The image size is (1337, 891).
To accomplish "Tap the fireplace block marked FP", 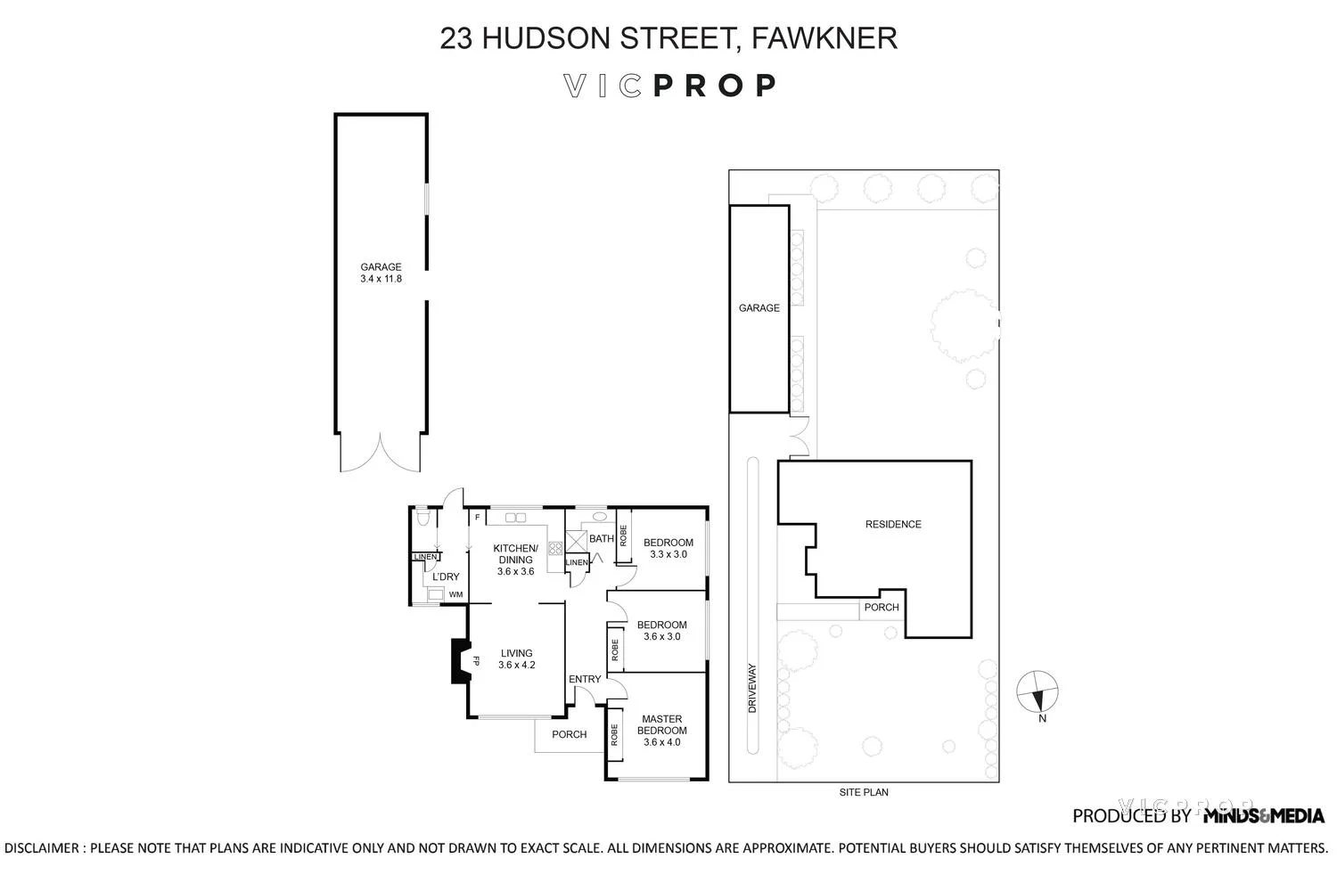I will (x=461, y=661).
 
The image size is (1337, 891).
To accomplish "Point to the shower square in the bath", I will (x=576, y=541).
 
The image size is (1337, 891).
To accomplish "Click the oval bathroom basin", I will (x=600, y=516).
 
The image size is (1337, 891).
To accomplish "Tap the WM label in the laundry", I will (x=455, y=594).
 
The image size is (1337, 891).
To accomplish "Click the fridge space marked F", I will (x=477, y=518).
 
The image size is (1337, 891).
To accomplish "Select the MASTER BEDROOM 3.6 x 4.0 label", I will (x=661, y=730).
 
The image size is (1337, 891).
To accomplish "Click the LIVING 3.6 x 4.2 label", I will (x=516, y=658).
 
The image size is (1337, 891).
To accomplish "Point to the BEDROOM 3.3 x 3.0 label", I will (x=668, y=548).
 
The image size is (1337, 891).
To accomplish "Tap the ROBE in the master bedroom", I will (x=614, y=735).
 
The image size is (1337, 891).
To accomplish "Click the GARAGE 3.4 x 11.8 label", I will (x=381, y=273).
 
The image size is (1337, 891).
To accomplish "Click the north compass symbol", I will (x=1038, y=691).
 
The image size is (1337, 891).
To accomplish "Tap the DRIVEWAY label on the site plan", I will (x=752, y=687).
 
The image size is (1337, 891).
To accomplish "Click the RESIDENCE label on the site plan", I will (x=893, y=524).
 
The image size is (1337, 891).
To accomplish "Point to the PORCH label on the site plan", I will (x=882, y=608).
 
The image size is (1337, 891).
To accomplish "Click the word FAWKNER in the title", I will (x=824, y=38).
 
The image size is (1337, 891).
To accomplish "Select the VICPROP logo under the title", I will (x=669, y=86).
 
